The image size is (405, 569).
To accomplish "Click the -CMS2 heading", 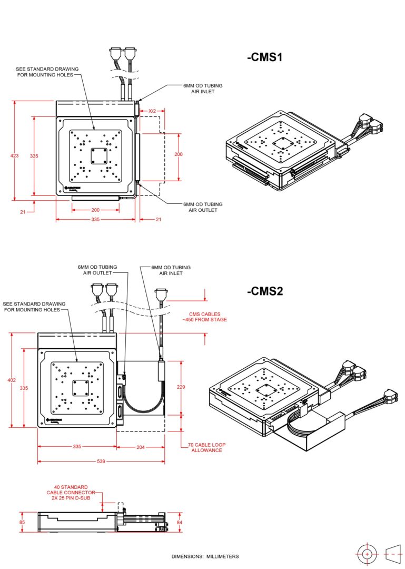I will [x=265, y=291].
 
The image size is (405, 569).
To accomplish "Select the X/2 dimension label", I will [x=152, y=111].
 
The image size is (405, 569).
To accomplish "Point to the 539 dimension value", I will [x=101, y=462].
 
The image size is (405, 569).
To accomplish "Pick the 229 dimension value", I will [x=181, y=387].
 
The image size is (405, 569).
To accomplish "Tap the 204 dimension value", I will [x=140, y=447].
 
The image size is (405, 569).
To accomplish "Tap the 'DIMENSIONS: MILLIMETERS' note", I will [x=205, y=556].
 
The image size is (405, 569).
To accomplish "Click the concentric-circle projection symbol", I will [x=367, y=554].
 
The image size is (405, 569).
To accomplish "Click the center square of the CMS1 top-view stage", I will [x=98, y=156].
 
